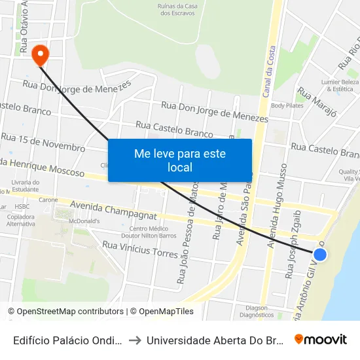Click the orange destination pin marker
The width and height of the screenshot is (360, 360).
tap(40, 55)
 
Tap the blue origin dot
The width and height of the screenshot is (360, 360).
tap(320, 255)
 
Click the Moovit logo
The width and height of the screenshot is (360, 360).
tap(320, 339)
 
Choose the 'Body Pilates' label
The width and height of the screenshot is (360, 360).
tap(286, 105)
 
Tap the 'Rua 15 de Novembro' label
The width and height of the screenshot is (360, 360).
tap(43, 142)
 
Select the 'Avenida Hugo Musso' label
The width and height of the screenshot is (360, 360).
tap(279, 206)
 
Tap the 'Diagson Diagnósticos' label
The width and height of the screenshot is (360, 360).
tap(256, 311)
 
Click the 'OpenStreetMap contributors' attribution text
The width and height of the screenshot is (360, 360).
tap(65, 312)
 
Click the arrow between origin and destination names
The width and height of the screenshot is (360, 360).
tap(134, 340)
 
